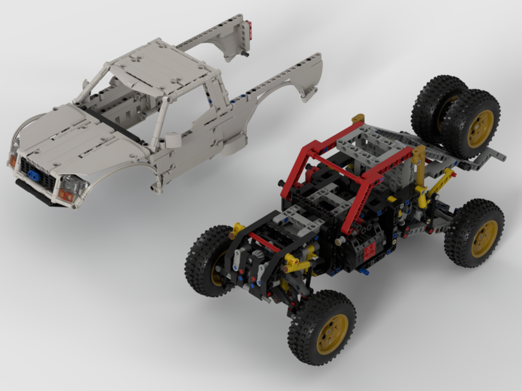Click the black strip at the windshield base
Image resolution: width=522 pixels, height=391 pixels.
point(112,123)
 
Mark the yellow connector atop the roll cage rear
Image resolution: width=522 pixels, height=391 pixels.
point(358,118)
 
